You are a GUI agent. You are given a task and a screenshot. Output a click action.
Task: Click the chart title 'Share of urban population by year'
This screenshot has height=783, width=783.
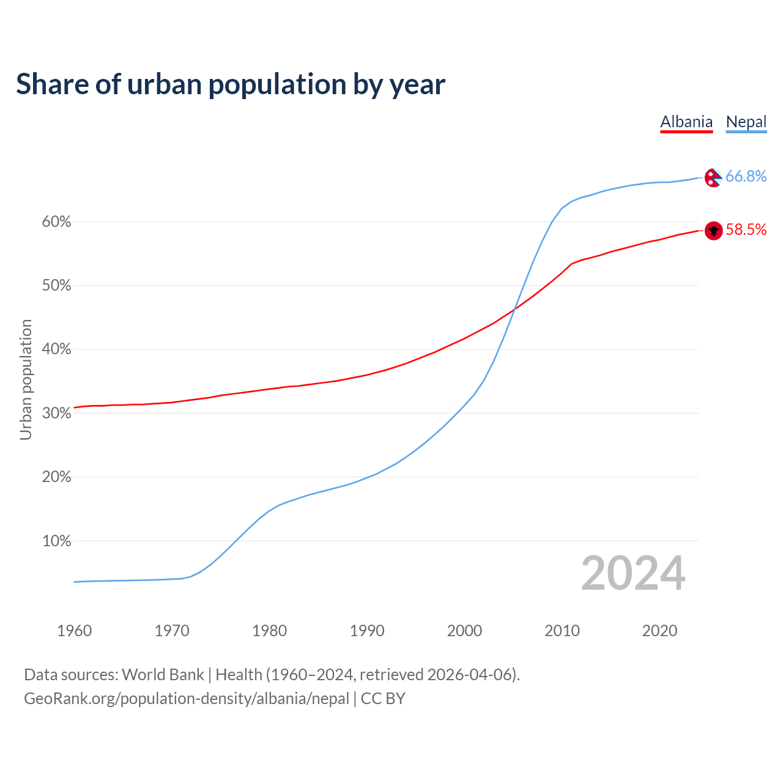(231, 84)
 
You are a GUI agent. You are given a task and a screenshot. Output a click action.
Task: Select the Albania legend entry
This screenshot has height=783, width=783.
(686, 122)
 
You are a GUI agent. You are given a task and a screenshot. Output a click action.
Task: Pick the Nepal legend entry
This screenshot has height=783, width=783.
(746, 122)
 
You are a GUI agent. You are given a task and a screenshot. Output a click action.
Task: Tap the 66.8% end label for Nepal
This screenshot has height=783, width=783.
(746, 176)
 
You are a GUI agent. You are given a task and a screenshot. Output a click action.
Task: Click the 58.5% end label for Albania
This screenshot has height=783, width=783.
(746, 229)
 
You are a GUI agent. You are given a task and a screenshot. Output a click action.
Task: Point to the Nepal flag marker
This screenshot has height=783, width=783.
(713, 177)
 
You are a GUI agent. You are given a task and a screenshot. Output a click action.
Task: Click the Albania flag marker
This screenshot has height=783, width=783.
(713, 231)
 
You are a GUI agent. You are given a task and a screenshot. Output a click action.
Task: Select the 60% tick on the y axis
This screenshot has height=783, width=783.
(57, 222)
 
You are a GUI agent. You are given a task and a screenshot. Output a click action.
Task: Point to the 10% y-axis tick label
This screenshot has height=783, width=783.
(57, 541)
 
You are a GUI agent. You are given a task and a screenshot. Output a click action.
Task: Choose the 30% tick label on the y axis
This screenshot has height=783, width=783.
(57, 414)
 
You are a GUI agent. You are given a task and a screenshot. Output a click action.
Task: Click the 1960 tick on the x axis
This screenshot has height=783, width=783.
(74, 631)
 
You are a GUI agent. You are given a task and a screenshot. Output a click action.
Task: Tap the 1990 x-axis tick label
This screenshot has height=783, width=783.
(367, 631)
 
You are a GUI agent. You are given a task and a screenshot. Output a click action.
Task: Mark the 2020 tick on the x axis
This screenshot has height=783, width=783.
(659, 631)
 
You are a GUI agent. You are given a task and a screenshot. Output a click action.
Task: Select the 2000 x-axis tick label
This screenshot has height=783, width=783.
(464, 631)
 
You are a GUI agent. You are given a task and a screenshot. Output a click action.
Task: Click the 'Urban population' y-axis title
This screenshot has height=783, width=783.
(26, 379)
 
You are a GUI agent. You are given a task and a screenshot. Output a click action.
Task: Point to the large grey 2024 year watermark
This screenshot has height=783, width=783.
(633, 573)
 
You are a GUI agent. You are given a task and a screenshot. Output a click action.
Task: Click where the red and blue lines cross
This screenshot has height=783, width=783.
(514, 310)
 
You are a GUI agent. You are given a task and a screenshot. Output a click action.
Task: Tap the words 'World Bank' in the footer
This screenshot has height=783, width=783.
(163, 675)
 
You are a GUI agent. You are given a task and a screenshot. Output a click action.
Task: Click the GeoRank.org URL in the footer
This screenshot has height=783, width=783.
(187, 699)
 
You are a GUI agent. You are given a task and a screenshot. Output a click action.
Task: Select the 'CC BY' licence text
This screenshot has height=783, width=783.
(383, 699)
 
